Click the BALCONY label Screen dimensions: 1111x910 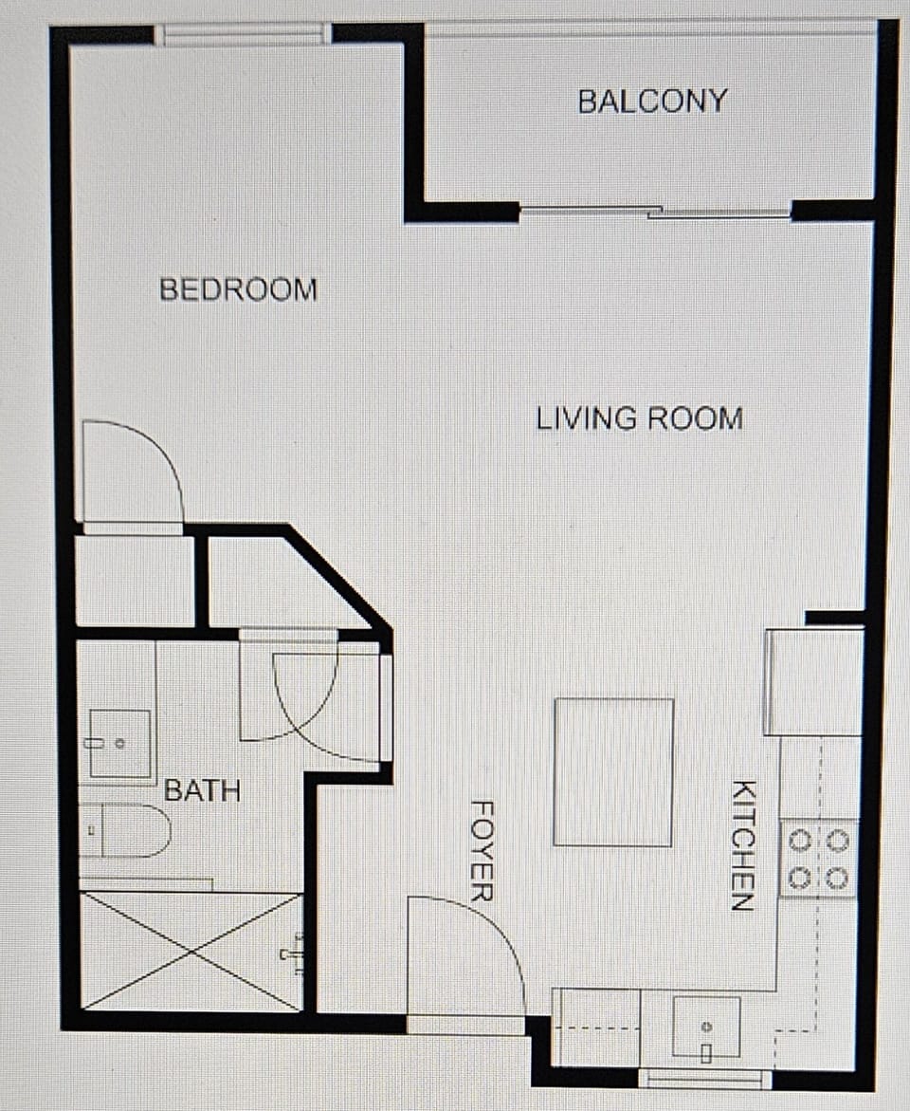pos(652,101)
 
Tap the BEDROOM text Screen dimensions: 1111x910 pos(238,288)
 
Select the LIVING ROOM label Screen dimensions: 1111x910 pos(639,418)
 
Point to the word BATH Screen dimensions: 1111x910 pos(203,790)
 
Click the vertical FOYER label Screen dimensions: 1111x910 pos(482,850)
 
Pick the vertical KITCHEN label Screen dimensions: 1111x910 pos(743,845)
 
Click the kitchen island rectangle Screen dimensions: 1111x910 pos(613,772)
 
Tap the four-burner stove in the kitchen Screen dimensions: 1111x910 pos(818,859)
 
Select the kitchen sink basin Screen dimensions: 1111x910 pos(706,1026)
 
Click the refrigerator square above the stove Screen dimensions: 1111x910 pos(814,681)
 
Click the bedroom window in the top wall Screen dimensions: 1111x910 pos(243,35)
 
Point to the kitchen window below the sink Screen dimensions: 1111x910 pos(705,1079)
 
